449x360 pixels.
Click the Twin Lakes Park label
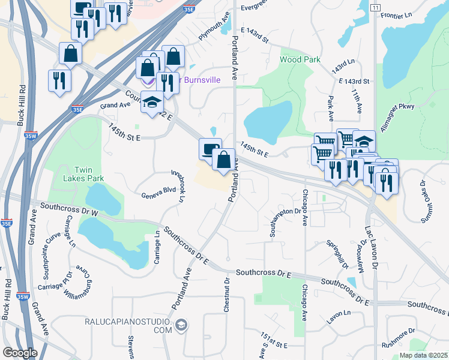[83, 173]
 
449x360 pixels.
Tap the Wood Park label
[300, 59]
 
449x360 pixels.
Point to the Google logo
[20, 353]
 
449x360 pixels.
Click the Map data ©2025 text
[423, 355]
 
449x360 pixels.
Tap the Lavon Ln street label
[339, 313]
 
